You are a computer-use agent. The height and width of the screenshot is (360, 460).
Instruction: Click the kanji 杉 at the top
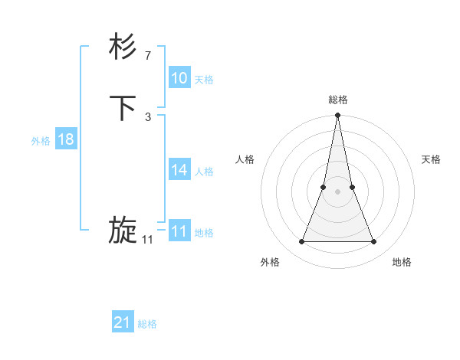click(x=123, y=47)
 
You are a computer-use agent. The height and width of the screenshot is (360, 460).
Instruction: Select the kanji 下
click(x=123, y=109)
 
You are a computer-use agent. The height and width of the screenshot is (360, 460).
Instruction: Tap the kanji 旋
click(x=123, y=230)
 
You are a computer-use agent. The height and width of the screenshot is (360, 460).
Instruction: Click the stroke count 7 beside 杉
click(x=147, y=55)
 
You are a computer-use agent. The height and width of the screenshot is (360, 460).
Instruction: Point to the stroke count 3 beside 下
click(x=147, y=116)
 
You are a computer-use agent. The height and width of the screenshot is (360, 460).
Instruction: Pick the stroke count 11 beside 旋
click(x=147, y=239)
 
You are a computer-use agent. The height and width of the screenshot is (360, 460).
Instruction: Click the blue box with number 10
click(x=179, y=78)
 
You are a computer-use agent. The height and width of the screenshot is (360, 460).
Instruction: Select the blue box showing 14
click(x=179, y=170)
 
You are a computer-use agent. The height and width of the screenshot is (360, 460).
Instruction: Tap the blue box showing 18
click(x=66, y=139)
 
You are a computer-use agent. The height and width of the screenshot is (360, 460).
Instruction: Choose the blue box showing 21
click(x=123, y=322)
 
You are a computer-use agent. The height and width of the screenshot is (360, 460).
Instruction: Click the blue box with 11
click(x=179, y=231)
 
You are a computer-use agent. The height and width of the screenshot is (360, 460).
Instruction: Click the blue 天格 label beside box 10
click(x=204, y=80)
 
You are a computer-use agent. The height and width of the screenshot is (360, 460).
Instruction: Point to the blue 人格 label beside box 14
click(x=204, y=172)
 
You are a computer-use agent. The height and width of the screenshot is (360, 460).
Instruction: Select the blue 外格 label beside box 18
click(x=41, y=141)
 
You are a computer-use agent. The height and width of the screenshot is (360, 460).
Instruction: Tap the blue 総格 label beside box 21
click(x=147, y=324)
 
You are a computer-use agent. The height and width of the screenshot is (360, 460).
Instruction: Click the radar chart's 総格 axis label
click(x=338, y=100)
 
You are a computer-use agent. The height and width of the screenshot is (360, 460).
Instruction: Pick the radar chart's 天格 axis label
click(x=431, y=159)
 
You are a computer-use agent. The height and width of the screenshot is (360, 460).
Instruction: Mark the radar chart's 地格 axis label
click(x=402, y=262)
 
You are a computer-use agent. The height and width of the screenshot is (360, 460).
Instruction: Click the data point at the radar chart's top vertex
click(x=338, y=116)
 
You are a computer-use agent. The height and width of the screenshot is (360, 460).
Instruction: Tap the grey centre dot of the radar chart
click(x=338, y=191)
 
